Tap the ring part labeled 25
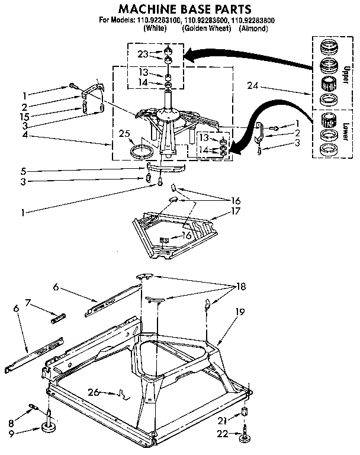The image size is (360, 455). coord(140,152)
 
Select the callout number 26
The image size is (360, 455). coord(93,392)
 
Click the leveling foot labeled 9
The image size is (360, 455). coord(50,429)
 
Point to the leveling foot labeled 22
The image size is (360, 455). coord(245,438)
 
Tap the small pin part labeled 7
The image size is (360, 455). coord(57,318)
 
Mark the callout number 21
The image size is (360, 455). coord(222,421)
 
